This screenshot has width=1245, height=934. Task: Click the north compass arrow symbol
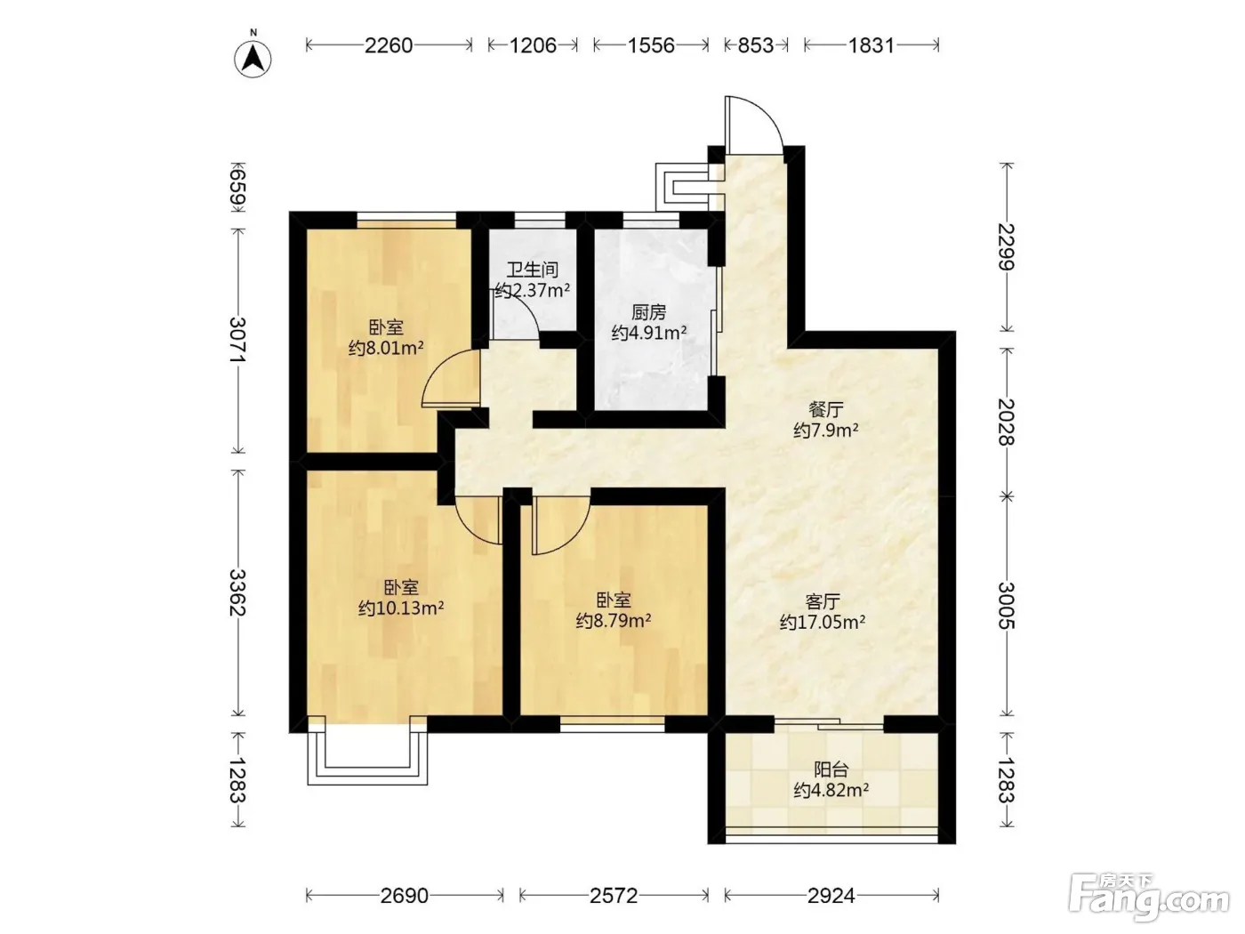(253, 59)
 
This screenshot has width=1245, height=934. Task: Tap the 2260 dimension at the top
(389, 45)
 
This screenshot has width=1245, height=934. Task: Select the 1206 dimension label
(533, 45)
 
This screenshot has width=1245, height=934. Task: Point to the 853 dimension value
(756, 45)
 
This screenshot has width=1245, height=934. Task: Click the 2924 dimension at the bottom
(831, 896)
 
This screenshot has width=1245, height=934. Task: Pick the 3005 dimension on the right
(1007, 606)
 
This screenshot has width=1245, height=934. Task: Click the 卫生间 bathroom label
(532, 269)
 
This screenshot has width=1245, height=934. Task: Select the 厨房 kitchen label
(649, 312)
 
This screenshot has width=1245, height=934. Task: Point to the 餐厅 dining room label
(826, 409)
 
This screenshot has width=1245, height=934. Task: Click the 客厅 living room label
(823, 600)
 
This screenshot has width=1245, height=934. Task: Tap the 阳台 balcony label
(831, 769)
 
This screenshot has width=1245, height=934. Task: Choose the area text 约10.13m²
(401, 608)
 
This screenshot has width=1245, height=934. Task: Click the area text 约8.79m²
(614, 620)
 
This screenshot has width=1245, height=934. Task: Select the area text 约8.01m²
(386, 348)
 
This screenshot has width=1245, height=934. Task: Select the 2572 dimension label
(614, 896)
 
